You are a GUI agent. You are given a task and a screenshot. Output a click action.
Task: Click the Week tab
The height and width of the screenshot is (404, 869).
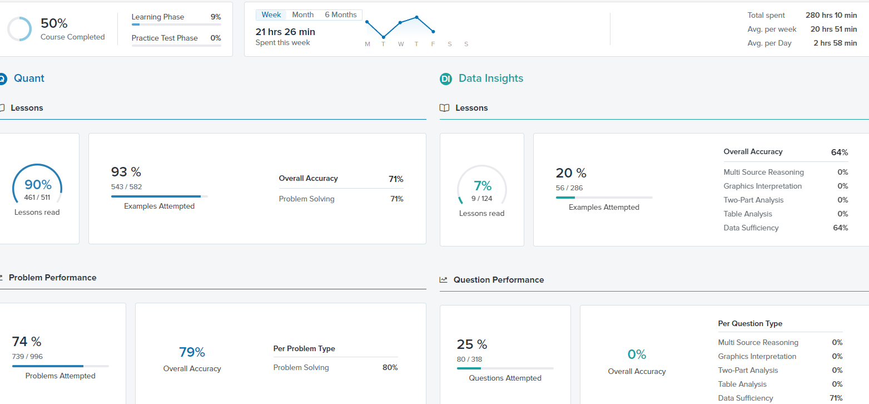[x=271, y=15]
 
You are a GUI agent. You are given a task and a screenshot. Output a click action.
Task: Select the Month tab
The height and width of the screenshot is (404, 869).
[x=302, y=15]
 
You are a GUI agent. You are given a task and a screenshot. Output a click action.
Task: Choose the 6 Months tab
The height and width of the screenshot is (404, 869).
[x=341, y=15]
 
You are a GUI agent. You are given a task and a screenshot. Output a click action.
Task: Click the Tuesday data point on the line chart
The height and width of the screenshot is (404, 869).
[x=383, y=37]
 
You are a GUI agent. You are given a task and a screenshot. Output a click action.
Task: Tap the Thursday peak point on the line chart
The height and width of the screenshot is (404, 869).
[x=416, y=17]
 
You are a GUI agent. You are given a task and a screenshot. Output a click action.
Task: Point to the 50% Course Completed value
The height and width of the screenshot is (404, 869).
[x=54, y=23]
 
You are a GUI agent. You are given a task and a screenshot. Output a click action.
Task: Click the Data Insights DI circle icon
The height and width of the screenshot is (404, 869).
[x=446, y=79]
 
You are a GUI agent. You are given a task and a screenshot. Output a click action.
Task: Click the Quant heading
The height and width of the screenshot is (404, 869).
[x=29, y=78]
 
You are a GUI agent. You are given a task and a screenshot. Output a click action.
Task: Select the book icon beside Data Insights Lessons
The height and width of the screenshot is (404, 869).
[x=445, y=108]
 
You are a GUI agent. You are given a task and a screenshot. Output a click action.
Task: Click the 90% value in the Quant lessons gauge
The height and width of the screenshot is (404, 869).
[x=38, y=185]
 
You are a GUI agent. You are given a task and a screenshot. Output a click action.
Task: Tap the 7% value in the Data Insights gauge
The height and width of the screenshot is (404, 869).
[x=482, y=186]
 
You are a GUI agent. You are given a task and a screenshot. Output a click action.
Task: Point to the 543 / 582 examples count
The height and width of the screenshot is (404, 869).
[x=126, y=187]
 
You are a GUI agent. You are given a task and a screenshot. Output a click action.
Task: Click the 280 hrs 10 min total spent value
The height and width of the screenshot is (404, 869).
[x=831, y=15]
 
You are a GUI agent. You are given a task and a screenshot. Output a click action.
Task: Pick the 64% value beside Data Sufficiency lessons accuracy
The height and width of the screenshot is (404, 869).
[x=840, y=228]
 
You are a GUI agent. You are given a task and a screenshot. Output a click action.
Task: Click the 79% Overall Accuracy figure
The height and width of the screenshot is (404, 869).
[x=192, y=352]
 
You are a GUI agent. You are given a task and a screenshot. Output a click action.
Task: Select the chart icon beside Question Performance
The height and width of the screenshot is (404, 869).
[x=444, y=280]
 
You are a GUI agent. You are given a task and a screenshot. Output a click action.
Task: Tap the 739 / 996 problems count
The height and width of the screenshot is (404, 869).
[x=27, y=357]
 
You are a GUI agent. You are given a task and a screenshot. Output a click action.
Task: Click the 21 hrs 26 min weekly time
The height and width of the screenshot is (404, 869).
[x=285, y=32]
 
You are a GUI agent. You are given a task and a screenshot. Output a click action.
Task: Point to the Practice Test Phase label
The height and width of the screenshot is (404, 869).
[x=165, y=38]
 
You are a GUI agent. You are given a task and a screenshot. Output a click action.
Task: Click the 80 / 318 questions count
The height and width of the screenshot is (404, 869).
[x=469, y=359]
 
